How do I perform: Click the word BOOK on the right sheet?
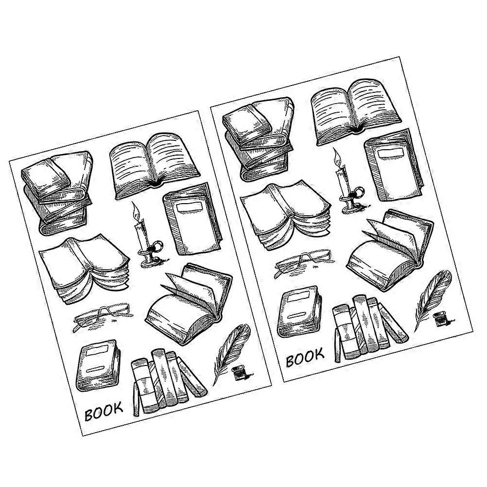click(x=305, y=358)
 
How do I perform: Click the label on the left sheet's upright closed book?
click(x=190, y=208)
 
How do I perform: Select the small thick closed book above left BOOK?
click(x=99, y=365)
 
